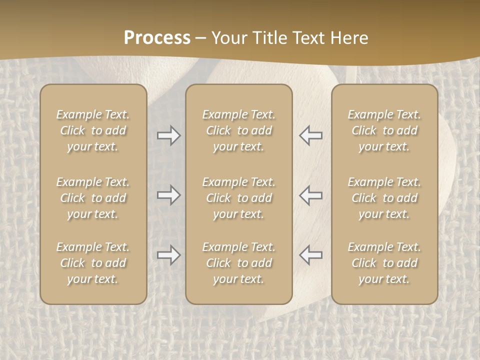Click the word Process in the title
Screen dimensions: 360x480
pyautogui.click(x=157, y=38)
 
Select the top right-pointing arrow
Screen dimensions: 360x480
pyautogui.click(x=169, y=135)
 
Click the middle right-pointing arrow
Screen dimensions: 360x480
pyautogui.click(x=169, y=195)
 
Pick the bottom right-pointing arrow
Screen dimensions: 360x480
pyautogui.click(x=169, y=255)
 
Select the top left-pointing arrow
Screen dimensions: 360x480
pyautogui.click(x=311, y=135)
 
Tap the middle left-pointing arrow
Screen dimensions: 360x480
pyautogui.click(x=311, y=195)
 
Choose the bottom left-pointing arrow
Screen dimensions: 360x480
pyautogui.click(x=311, y=255)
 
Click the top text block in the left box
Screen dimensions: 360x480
pyautogui.click(x=93, y=130)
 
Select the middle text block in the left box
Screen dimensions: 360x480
pyautogui.click(x=93, y=198)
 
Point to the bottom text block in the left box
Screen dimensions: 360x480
pyautogui.click(x=93, y=263)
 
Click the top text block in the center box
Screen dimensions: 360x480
pyautogui.click(x=238, y=130)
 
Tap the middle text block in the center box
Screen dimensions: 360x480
pyautogui.click(x=238, y=198)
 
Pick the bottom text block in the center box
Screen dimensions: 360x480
pyautogui.click(x=238, y=263)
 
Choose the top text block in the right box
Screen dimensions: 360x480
pyautogui.click(x=384, y=130)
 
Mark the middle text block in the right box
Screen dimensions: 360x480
pyautogui.click(x=384, y=198)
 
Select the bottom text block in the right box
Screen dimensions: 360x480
pyautogui.click(x=384, y=263)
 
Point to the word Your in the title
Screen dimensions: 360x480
pyautogui.click(x=228, y=38)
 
